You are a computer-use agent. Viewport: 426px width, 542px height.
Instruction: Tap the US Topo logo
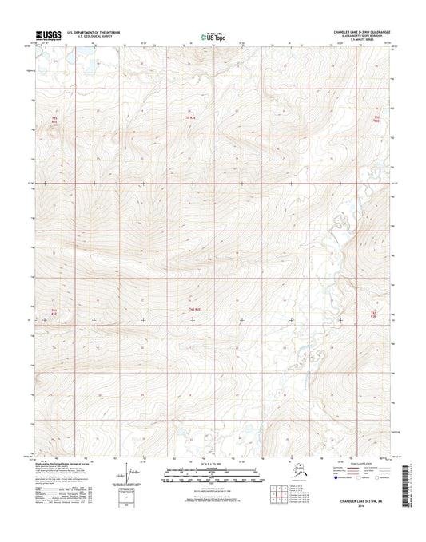click(x=212, y=36)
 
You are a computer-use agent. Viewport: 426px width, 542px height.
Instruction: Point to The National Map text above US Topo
click(x=213, y=32)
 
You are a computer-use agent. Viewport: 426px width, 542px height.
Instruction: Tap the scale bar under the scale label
click(x=213, y=474)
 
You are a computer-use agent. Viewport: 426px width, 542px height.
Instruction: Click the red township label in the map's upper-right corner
click(x=376, y=118)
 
